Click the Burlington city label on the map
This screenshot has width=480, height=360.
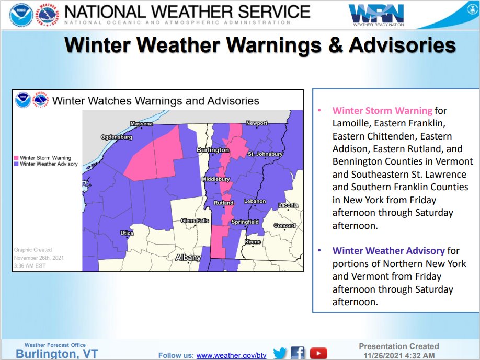(x=212, y=150)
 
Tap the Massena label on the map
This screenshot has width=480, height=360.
(x=141, y=124)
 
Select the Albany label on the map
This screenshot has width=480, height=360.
(x=188, y=258)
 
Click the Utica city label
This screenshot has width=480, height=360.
(x=127, y=233)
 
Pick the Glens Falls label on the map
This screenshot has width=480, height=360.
(x=195, y=220)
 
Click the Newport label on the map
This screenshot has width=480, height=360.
(x=257, y=123)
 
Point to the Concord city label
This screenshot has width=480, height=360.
(x=285, y=226)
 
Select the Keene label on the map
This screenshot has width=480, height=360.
(x=253, y=242)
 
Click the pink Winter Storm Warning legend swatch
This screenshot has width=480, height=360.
(x=17, y=158)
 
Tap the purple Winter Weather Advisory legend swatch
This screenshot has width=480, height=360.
(x=17, y=164)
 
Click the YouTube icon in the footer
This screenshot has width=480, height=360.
(x=318, y=354)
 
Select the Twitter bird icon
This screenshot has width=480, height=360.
(x=280, y=354)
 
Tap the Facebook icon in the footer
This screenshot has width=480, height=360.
(x=298, y=354)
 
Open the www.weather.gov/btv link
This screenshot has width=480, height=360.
(x=231, y=355)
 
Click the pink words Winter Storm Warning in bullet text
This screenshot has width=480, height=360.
(x=382, y=111)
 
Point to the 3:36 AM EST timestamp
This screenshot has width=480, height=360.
(x=30, y=265)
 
